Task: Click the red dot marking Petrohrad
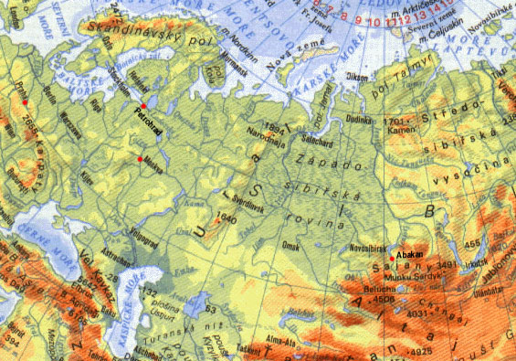point(143,107)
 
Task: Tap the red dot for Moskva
point(140,160)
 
